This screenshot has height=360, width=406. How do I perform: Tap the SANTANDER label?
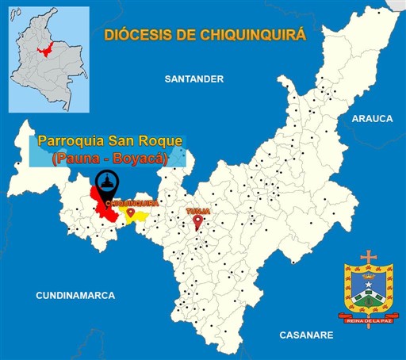point(194,79)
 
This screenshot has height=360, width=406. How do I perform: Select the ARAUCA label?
point(372,118)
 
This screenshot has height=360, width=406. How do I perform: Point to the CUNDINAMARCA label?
point(75,295)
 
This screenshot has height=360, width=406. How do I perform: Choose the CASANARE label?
point(306,335)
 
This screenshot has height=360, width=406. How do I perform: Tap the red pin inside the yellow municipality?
point(131,213)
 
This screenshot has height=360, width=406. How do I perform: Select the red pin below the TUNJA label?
point(197,223)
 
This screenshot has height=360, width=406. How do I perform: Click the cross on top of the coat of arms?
point(368,258)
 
